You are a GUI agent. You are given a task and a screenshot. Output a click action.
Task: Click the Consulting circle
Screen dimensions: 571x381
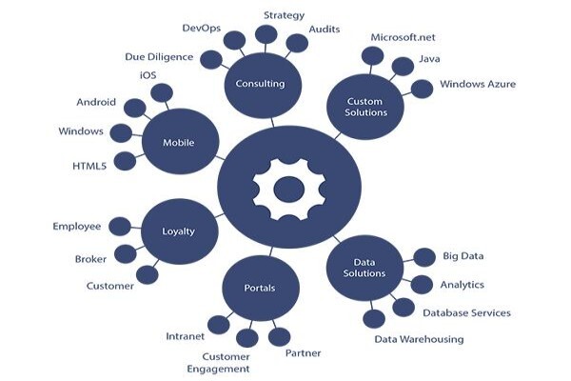tap(263, 86)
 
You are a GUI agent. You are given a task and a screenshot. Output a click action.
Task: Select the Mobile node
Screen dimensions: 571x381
tap(180, 142)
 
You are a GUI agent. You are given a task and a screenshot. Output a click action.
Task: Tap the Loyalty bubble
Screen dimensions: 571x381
tap(180, 231)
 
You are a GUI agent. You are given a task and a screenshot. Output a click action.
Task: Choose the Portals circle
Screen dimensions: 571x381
tap(261, 288)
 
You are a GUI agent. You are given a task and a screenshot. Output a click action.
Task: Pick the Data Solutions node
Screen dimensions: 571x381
tap(364, 268)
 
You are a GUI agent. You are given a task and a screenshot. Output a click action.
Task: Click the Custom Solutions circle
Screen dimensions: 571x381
tap(365, 107)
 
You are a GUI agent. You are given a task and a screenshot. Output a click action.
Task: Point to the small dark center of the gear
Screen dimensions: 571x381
tap(289, 190)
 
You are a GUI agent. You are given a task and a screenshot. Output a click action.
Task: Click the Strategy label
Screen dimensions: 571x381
tap(284, 15)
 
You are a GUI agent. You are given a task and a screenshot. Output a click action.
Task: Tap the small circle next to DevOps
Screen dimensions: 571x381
tap(234, 40)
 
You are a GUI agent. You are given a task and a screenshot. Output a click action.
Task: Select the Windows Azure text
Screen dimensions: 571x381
tap(478, 84)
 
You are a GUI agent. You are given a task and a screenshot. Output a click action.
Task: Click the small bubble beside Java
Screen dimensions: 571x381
tap(403, 67)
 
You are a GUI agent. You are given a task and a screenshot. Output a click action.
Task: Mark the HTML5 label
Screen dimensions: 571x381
tap(89, 167)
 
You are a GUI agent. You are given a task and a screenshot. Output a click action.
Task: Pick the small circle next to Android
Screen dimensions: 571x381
tap(135, 108)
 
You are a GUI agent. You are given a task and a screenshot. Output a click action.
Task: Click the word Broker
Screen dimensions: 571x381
tap(90, 259)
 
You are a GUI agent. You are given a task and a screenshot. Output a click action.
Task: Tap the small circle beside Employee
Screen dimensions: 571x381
tap(120, 227)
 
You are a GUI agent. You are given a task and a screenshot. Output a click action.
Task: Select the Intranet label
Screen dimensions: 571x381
tap(186, 336)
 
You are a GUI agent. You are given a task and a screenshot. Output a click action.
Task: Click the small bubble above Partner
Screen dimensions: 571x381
tap(279, 337)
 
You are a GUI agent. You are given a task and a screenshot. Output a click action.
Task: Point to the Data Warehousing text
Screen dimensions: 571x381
tap(419, 339)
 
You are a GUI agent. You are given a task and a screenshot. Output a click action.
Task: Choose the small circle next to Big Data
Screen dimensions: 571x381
tap(424, 257)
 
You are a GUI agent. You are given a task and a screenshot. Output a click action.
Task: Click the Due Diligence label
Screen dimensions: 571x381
tap(159, 57)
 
